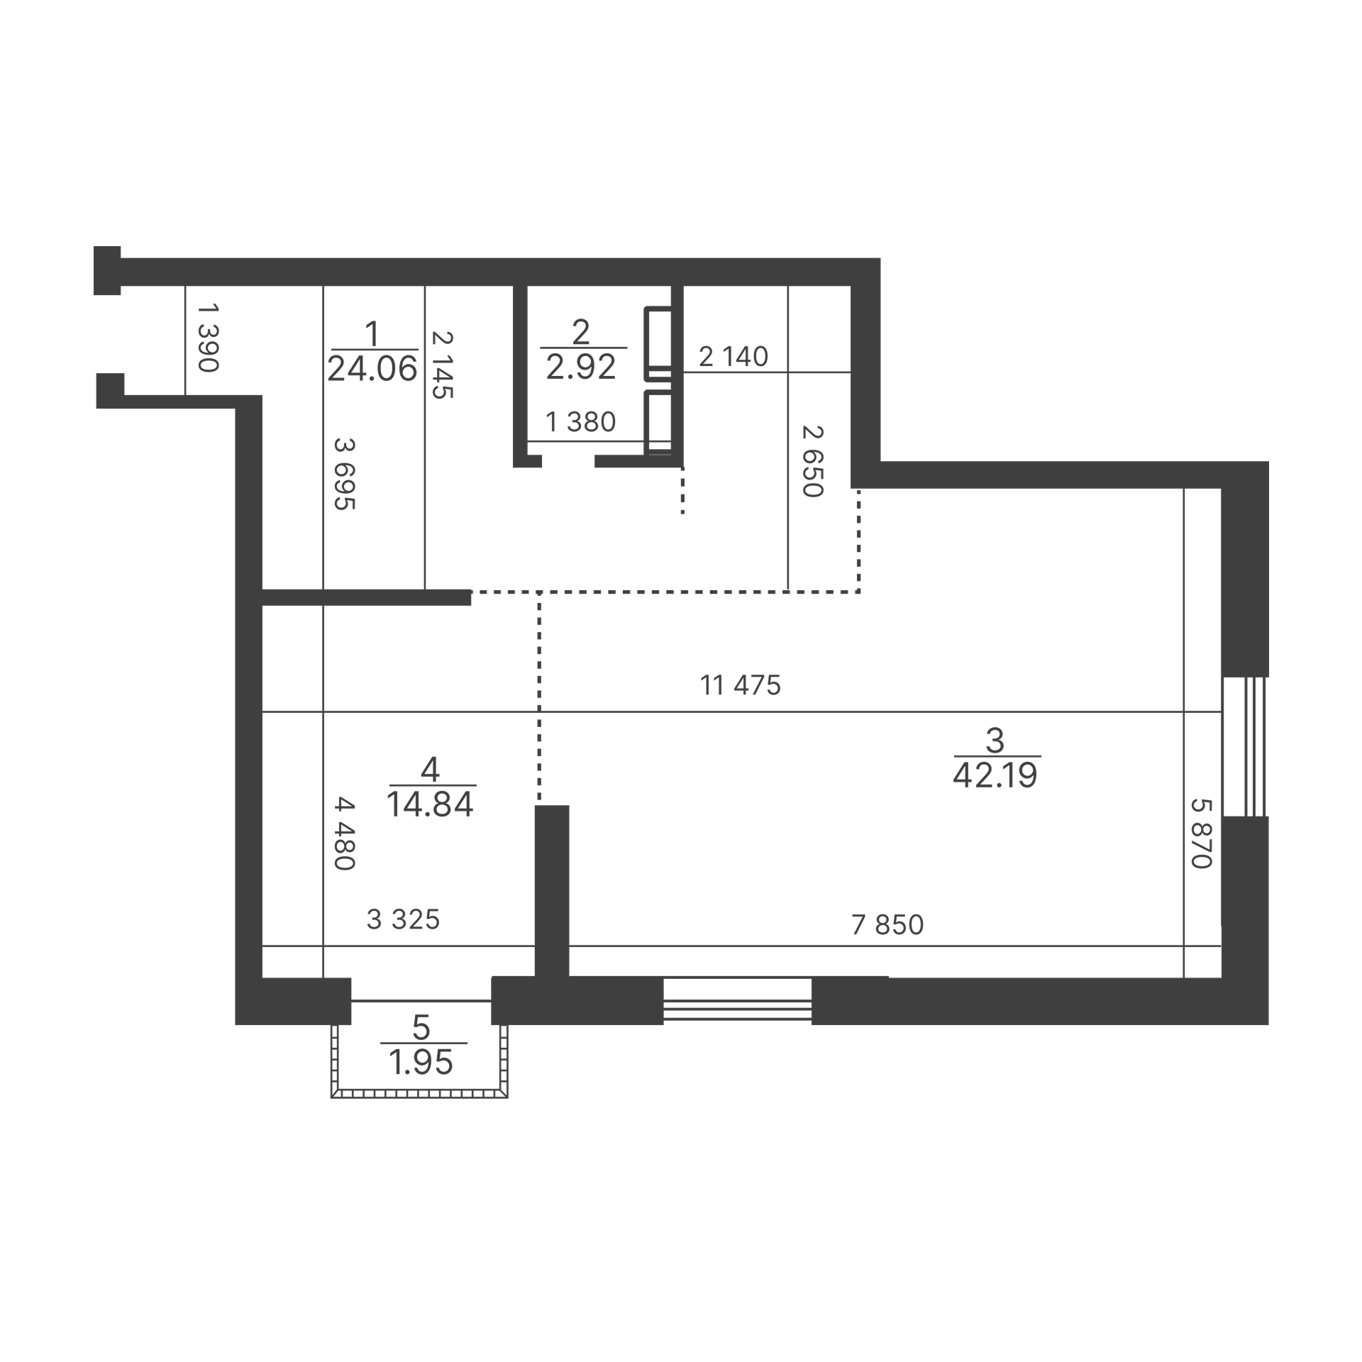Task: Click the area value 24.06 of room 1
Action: click(x=372, y=369)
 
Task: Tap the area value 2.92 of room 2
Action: click(x=581, y=367)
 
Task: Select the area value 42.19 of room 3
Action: click(x=995, y=776)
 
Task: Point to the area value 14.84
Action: click(x=431, y=804)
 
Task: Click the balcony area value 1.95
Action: click(x=421, y=1063)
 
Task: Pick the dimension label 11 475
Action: click(x=741, y=685)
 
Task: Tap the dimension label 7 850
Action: click(x=887, y=925)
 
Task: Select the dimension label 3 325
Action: click(x=403, y=920)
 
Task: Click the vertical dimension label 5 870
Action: click(x=1201, y=834)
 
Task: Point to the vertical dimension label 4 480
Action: click(x=344, y=834)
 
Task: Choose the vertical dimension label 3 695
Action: click(x=344, y=474)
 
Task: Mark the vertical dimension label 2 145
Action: click(x=442, y=365)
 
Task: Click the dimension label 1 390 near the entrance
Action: click(x=208, y=338)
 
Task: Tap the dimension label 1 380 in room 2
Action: click(x=580, y=422)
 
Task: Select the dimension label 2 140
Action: click(x=733, y=356)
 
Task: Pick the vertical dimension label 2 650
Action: click(x=812, y=461)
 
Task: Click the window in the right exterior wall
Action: click(x=1245, y=747)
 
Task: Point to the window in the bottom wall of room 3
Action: click(x=737, y=1001)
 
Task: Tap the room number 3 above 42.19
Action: click(x=995, y=741)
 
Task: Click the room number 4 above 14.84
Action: click(x=431, y=769)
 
